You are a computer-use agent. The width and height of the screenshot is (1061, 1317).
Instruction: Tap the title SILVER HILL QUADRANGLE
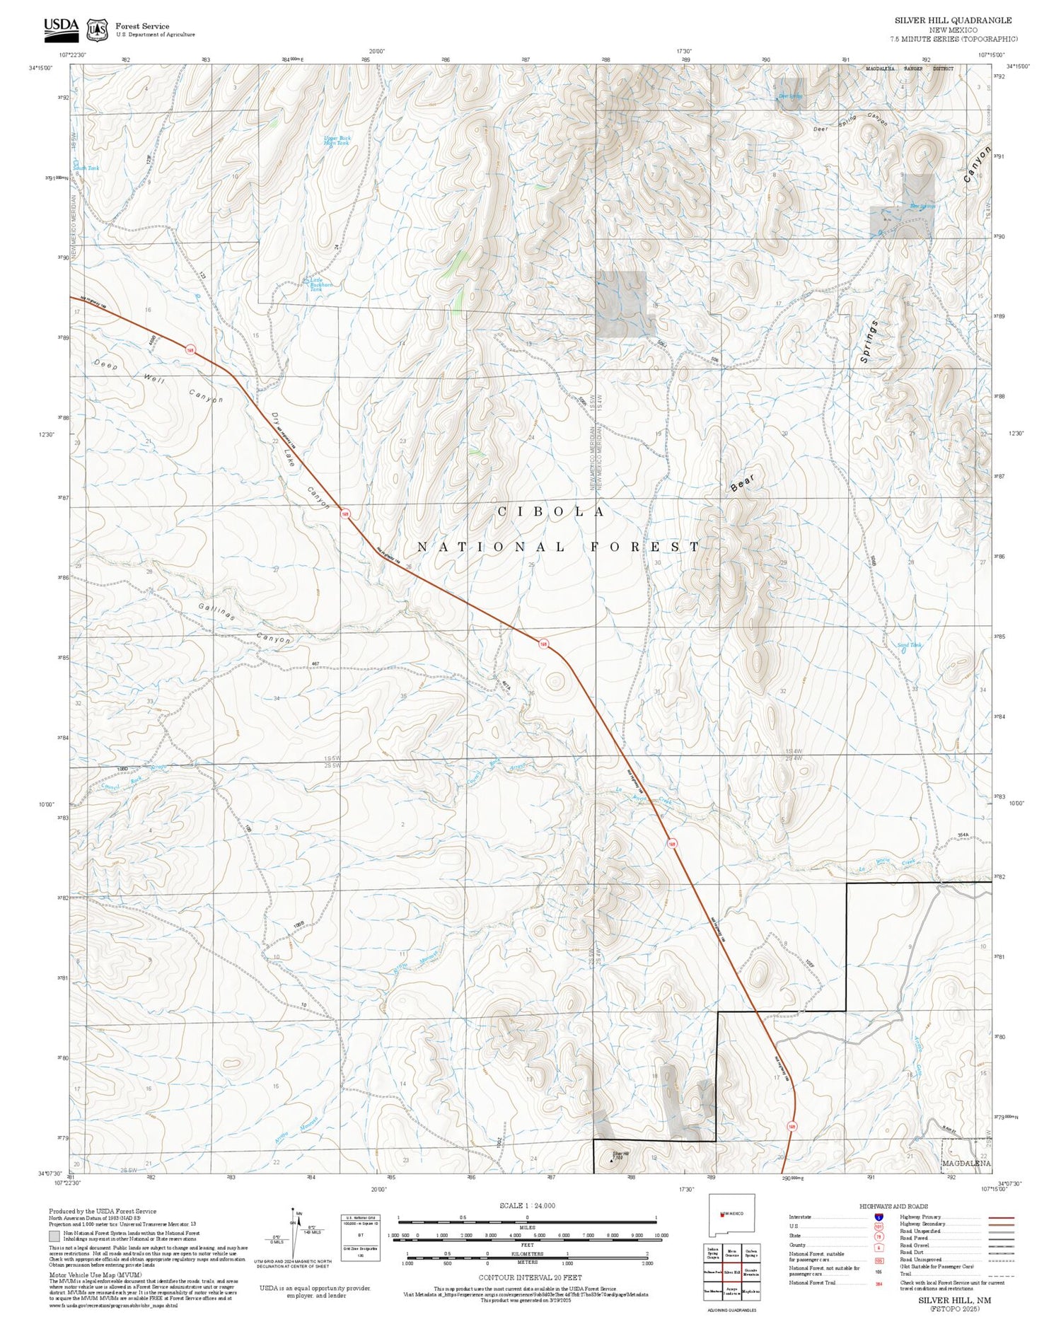953,21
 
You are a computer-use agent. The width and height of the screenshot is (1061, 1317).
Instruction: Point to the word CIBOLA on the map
551,511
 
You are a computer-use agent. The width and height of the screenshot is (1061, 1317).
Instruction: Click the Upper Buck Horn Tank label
337,141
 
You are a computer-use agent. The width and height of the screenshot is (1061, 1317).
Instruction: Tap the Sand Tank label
909,645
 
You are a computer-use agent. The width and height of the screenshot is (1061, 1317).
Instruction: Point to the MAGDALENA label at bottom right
966,1164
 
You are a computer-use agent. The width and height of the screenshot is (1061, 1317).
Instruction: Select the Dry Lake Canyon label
300,460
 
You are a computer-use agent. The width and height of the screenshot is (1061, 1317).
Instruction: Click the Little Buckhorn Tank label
320,284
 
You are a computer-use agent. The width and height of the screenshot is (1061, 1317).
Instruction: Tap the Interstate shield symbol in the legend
878,1217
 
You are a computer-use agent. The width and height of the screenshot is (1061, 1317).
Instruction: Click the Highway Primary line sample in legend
997,1218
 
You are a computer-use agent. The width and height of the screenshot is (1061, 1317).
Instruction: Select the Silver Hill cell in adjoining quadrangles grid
731,1272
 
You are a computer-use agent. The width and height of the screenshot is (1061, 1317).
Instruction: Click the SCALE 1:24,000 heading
527,1206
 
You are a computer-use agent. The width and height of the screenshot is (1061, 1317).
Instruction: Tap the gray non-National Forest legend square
54,1236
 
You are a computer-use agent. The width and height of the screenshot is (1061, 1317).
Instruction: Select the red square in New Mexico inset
721,1214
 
